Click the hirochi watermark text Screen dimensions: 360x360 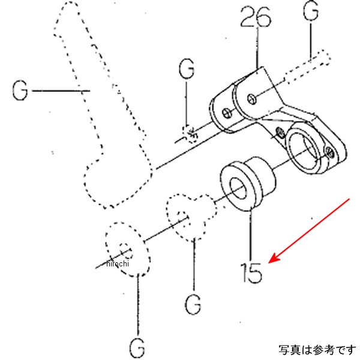[x=118, y=263]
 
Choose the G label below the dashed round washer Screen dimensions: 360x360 [x=136, y=346]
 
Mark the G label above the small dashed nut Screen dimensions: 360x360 [x=187, y=70]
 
